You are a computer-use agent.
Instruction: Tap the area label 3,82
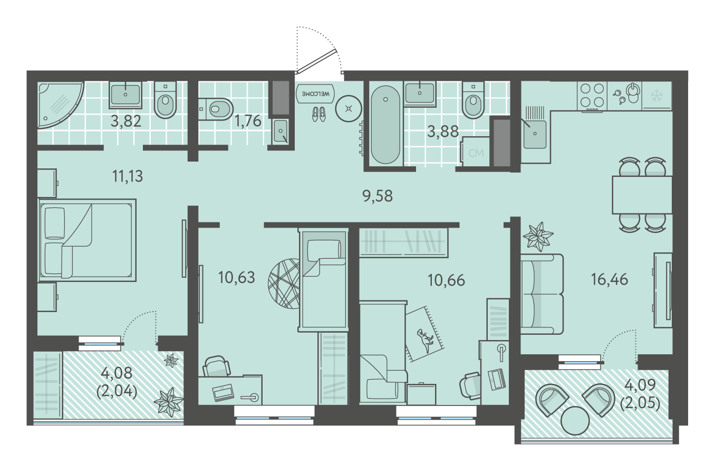pos(126,121)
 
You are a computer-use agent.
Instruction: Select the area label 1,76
pos(248,121)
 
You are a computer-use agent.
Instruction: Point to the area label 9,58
pos(378,196)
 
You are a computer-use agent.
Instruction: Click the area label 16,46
pos(610,279)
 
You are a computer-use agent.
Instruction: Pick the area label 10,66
pos(446,280)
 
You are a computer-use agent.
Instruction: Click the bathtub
pos(385,124)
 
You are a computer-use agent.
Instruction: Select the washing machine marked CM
pos(475,152)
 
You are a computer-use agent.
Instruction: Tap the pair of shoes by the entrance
pos(319,114)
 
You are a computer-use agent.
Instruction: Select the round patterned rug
pos(284,284)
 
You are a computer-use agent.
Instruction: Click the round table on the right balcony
pos(575,420)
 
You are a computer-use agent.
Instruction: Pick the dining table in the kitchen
pos(642,195)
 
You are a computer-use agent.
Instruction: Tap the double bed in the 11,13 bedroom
pos(87,240)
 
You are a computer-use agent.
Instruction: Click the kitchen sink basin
pos(534,134)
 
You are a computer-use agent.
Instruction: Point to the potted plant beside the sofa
pos(538,237)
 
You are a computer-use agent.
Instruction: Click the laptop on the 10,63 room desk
pos(223,392)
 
